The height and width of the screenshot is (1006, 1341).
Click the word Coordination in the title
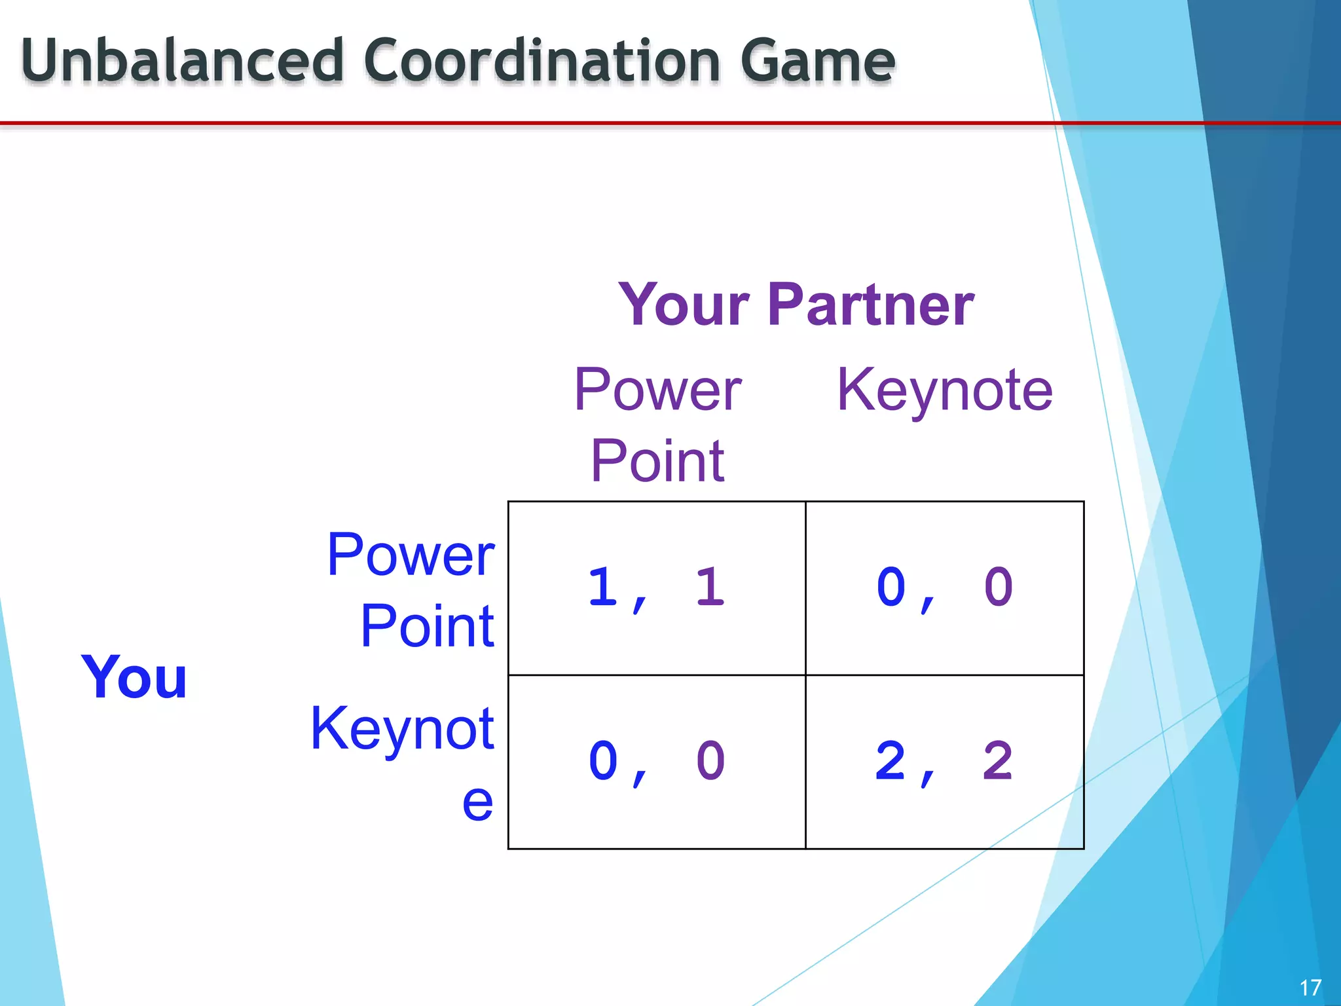tap(541, 60)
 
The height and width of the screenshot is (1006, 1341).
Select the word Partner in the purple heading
tap(871, 305)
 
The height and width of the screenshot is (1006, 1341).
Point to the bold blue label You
tap(134, 677)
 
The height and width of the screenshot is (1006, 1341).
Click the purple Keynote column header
tap(945, 390)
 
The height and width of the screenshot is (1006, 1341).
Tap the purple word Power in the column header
tap(657, 390)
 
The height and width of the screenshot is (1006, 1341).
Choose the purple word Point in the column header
tap(657, 461)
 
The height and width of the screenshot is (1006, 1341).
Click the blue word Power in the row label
tap(411, 555)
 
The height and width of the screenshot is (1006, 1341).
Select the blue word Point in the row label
tap(427, 627)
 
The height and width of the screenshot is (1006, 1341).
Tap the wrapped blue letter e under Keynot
tap(477, 802)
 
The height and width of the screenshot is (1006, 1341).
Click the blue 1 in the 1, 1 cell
tap(603, 587)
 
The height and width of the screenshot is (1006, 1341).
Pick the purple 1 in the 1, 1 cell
tap(710, 587)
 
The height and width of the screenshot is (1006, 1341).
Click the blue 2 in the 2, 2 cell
tap(891, 761)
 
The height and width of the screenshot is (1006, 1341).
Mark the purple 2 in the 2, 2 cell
tap(998, 761)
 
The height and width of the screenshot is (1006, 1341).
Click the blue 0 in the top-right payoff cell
tap(891, 587)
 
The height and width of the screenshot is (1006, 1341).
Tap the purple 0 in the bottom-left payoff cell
tap(710, 761)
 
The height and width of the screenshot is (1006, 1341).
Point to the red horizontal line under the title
tap(524, 122)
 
